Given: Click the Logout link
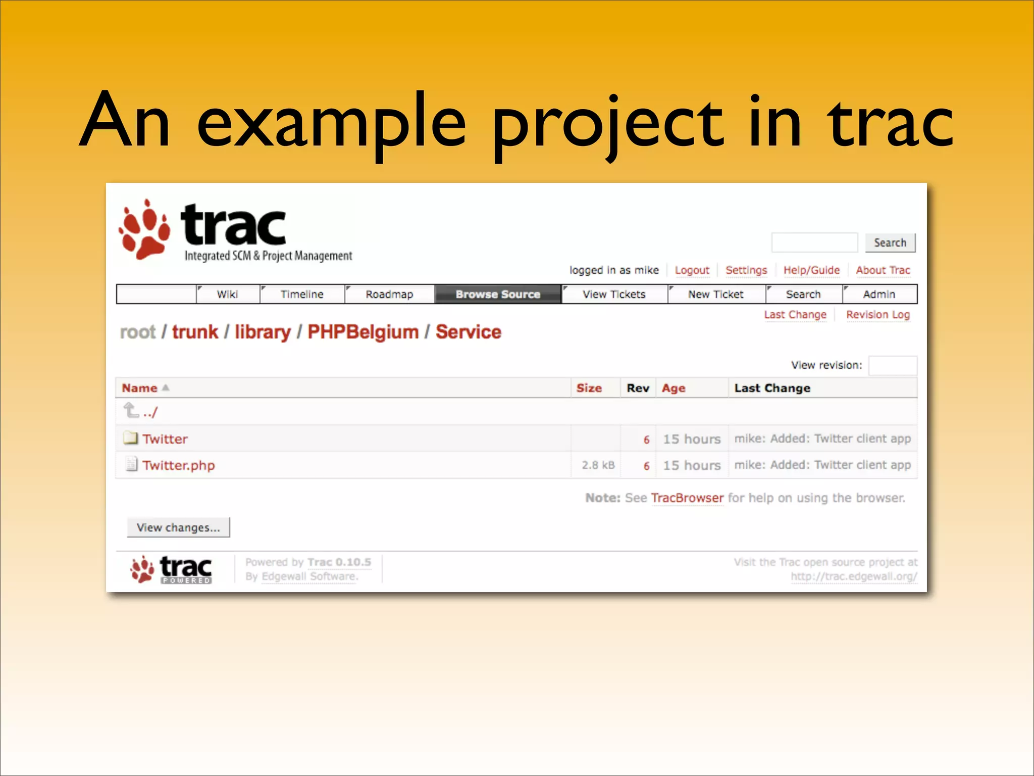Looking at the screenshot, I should point(692,270).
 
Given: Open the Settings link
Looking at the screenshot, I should point(746,270).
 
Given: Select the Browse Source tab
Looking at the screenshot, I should point(498,294).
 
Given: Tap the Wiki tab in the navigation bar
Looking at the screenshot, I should point(227,294).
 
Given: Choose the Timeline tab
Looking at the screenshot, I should point(302,294).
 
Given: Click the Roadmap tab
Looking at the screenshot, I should point(389,294).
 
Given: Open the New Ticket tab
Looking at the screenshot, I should point(715,294).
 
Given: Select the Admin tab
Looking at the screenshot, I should point(879,294).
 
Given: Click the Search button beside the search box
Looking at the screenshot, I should point(890,243).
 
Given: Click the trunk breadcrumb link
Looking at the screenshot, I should point(195,332).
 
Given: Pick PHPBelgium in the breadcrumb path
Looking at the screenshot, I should point(363,332).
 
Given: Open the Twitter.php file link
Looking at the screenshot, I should point(179,465).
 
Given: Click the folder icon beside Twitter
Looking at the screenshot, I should point(131,438).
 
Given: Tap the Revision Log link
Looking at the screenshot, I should point(877,315).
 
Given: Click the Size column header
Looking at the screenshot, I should point(589,388).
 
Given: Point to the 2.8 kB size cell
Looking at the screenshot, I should point(598,465).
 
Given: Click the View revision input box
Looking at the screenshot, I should point(892,365).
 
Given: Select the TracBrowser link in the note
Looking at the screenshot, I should point(687,498).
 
